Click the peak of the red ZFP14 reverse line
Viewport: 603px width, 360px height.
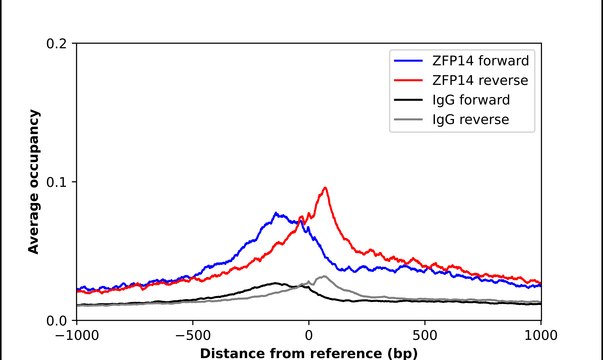coord(325,188)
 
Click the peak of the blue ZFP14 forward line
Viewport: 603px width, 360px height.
coord(276,213)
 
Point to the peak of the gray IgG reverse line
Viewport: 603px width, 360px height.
coord(324,276)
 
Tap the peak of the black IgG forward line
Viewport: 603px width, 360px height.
coord(275,283)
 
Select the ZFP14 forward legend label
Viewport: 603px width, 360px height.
coord(481,61)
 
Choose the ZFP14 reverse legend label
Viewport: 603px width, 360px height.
coord(480,80)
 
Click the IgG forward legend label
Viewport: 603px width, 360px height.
coord(471,100)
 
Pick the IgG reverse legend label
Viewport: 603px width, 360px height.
coord(471,120)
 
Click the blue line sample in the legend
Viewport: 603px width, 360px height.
coord(408,61)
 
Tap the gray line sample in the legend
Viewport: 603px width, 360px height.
coord(408,120)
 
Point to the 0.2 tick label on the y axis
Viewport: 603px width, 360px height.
coord(56,43)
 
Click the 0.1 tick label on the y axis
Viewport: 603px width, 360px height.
coord(56,182)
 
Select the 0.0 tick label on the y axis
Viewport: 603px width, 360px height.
coord(56,321)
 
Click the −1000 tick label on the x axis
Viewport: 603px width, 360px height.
coord(77,336)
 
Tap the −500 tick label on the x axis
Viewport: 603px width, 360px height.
coord(193,336)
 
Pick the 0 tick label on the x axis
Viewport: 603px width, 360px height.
coord(309,336)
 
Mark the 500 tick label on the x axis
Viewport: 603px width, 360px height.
coord(425,336)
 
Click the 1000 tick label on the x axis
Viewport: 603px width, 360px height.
coord(541,336)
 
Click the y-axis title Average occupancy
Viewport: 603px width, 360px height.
coord(34,182)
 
